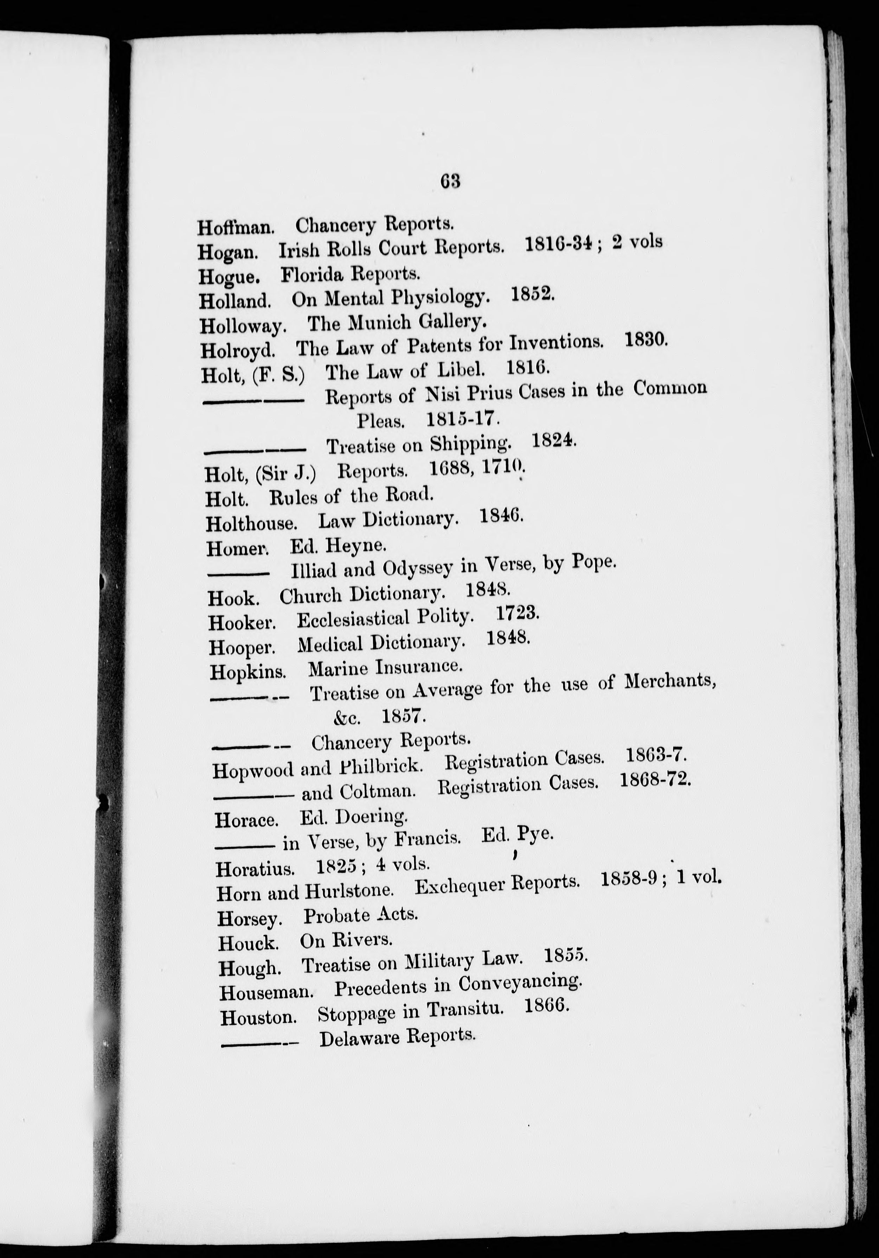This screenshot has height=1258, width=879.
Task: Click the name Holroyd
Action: (237, 350)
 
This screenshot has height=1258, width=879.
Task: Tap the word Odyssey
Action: (417, 569)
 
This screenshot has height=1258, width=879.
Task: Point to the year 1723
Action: (517, 614)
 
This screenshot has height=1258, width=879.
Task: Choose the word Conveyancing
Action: (520, 984)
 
